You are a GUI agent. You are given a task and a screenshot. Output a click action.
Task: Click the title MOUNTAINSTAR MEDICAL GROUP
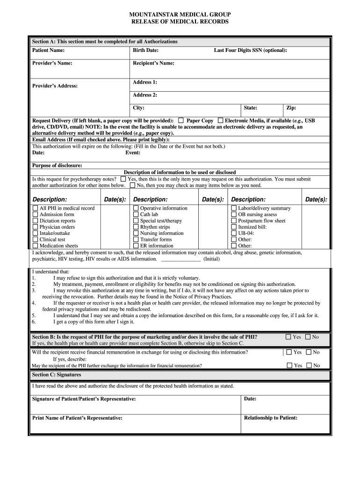[x=180, y=15]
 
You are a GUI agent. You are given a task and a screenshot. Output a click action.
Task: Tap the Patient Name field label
[x=48, y=50]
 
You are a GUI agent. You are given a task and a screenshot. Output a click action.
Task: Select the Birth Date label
[x=145, y=50]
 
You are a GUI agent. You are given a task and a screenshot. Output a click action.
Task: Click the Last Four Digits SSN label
[x=250, y=50]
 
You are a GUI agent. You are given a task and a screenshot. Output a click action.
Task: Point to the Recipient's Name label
[x=153, y=63]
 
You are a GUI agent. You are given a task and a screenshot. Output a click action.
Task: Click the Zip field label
[x=291, y=108]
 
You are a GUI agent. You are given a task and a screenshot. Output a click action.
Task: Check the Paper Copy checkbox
[x=181, y=120]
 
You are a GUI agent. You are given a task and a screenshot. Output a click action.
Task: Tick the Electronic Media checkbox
[x=220, y=120]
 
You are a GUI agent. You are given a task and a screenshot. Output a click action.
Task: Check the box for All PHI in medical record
[x=35, y=208]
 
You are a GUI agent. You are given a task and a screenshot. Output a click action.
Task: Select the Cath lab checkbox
[x=136, y=214]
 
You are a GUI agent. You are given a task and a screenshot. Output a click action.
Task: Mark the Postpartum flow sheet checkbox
[x=234, y=221]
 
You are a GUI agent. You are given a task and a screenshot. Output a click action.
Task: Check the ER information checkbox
[x=136, y=246]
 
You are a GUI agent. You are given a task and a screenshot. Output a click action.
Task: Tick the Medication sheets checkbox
[x=35, y=246]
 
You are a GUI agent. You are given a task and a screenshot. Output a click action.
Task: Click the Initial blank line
[x=180, y=259]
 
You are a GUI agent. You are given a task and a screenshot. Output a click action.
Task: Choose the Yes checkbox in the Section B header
[x=288, y=337]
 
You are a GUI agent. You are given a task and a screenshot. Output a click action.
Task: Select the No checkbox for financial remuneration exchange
[x=309, y=352]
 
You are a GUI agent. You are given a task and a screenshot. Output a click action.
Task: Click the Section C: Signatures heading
[x=57, y=375]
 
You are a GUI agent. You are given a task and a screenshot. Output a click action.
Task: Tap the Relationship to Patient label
[x=270, y=418]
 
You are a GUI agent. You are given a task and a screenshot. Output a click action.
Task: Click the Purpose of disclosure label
[x=57, y=165]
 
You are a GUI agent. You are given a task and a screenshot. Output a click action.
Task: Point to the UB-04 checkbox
[x=234, y=233]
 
